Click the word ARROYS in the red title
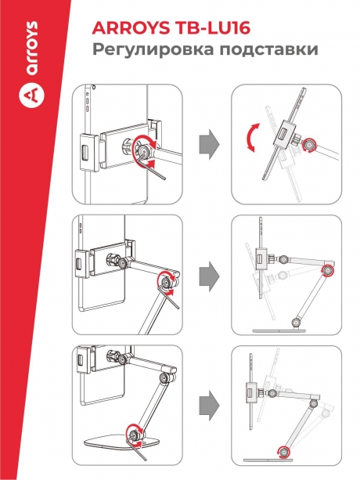131,28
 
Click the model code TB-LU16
212,28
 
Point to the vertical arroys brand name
32,48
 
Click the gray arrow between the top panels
209,144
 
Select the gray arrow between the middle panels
209,276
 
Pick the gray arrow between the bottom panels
209,405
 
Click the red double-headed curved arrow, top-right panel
250,138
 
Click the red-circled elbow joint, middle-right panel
328,271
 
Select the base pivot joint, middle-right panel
296,323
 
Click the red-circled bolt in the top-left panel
143,150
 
